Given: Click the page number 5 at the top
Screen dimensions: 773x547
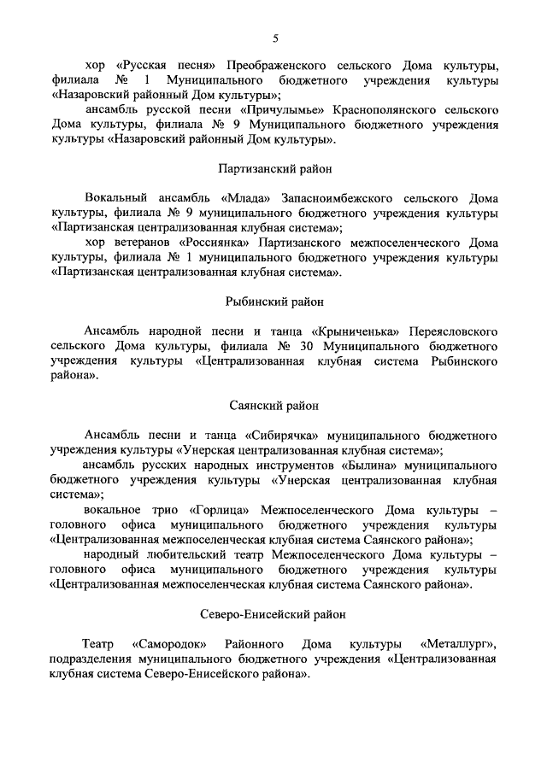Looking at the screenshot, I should pyautogui.click(x=275, y=38).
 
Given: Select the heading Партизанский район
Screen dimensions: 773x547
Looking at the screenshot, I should pyautogui.click(x=274, y=169).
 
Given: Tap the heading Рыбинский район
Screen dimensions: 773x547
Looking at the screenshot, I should pyautogui.click(x=274, y=301).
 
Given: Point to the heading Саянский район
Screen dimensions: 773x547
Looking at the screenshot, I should pyautogui.click(x=274, y=406).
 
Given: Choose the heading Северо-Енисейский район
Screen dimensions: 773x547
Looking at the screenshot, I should pyautogui.click(x=274, y=614).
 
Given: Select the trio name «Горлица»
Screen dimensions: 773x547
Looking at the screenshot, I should pyautogui.click(x=233, y=511).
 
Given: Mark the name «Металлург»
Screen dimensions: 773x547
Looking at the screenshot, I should pyautogui.click(x=460, y=642).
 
